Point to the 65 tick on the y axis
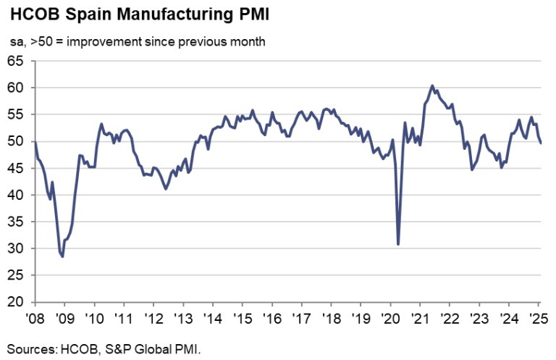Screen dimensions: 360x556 point(18,61)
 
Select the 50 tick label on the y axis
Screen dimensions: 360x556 point(18,141)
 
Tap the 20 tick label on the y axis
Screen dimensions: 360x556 point(18,302)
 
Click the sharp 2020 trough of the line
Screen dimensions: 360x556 point(399,244)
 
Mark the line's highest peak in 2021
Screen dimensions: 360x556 point(432,85)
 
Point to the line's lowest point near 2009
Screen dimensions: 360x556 point(63,256)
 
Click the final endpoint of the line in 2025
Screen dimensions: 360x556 point(541,143)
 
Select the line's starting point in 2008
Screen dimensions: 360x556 point(35,142)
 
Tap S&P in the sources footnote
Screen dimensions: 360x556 point(116,348)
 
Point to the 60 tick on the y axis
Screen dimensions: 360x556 point(18,88)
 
